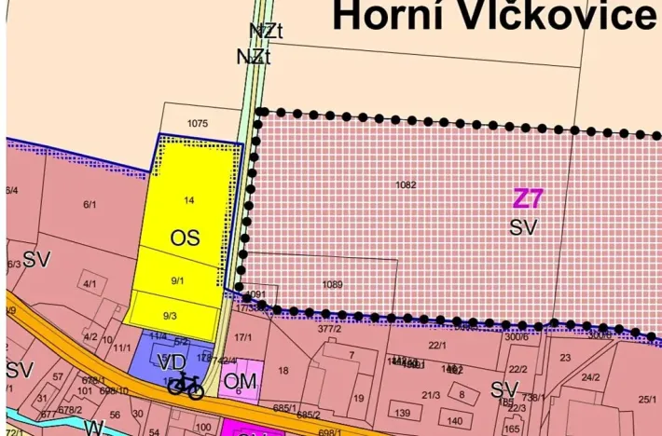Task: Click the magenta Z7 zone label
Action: (x=528, y=198)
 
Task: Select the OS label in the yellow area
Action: (x=185, y=238)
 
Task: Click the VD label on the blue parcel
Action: (x=172, y=361)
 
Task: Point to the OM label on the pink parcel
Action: (x=241, y=380)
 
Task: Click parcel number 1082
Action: (x=406, y=185)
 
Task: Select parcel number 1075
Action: (x=196, y=123)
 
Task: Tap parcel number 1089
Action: (x=332, y=284)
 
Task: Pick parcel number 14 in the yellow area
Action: (x=189, y=200)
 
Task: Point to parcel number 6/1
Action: (x=90, y=204)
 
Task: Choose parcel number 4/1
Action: (x=90, y=283)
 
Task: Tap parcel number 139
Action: (x=402, y=413)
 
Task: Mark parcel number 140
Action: (x=455, y=421)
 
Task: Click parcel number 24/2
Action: (x=590, y=377)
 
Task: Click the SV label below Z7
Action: (x=523, y=225)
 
